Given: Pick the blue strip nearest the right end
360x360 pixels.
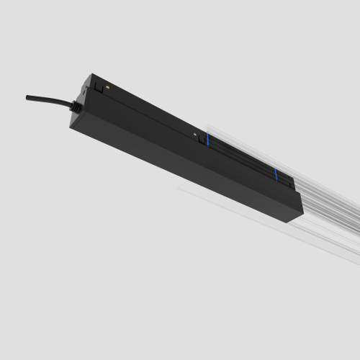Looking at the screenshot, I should pos(274,176).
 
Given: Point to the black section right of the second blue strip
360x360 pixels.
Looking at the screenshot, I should pos(285,183).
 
